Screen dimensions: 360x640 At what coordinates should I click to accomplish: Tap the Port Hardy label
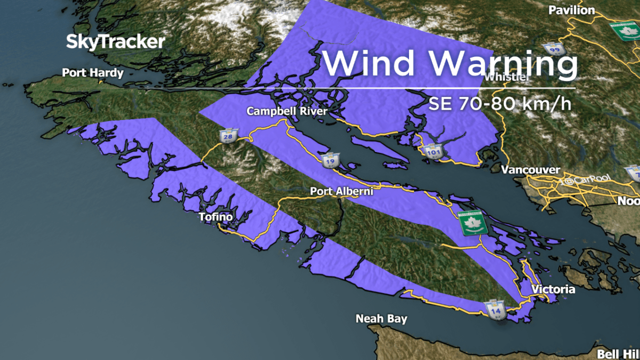pyautogui.click(x=93, y=73)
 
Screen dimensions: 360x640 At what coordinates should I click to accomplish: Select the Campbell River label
pyautogui.click(x=286, y=111)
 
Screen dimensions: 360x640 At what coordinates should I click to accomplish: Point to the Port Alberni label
pyautogui.click(x=341, y=191)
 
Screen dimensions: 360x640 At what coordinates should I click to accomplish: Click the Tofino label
pyautogui.click(x=215, y=217)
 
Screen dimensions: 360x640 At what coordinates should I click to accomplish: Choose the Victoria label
pyautogui.click(x=553, y=290)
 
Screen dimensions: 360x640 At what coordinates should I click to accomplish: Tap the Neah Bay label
pyautogui.click(x=381, y=319)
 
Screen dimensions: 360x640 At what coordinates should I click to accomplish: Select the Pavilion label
pyautogui.click(x=571, y=10)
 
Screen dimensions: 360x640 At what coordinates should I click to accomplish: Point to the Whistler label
pyautogui.click(x=507, y=77)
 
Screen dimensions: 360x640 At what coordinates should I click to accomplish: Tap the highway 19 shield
pyautogui.click(x=327, y=161)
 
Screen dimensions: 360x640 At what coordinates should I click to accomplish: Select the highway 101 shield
pyautogui.click(x=433, y=152)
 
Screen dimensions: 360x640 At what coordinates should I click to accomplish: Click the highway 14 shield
pyautogui.click(x=494, y=308)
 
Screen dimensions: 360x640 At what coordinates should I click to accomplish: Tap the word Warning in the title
pyautogui.click(x=503, y=63)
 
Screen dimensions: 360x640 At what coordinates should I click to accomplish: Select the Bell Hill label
pyautogui.click(x=618, y=354)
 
